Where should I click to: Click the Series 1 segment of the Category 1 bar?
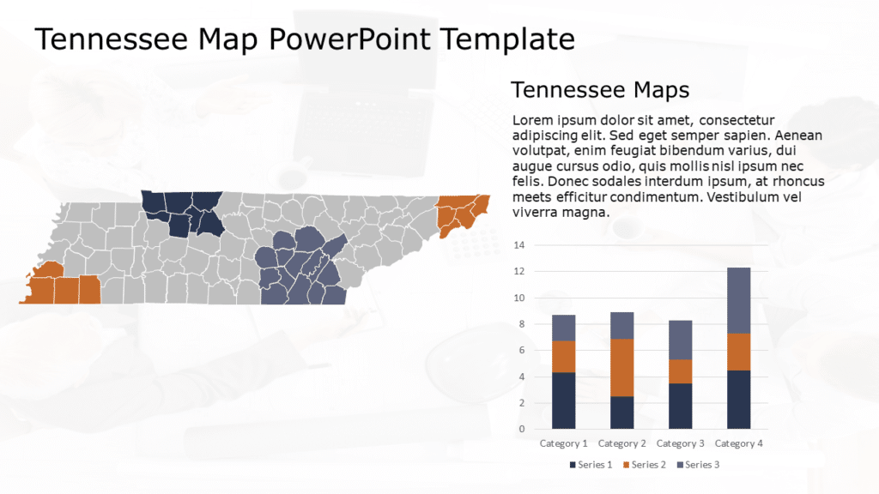point(563,400)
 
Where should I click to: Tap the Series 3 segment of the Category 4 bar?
point(738,300)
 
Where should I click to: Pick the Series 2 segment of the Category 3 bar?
point(680,371)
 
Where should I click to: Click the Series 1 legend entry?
point(591,465)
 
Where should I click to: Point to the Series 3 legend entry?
point(699,465)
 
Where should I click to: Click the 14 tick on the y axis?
point(518,245)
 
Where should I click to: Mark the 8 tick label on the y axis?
point(519,324)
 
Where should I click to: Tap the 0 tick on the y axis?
point(520,429)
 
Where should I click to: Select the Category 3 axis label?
point(681,443)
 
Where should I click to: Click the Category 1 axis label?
point(563,443)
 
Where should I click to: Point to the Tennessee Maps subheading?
point(600,89)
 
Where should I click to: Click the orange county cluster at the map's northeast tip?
point(461,214)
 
